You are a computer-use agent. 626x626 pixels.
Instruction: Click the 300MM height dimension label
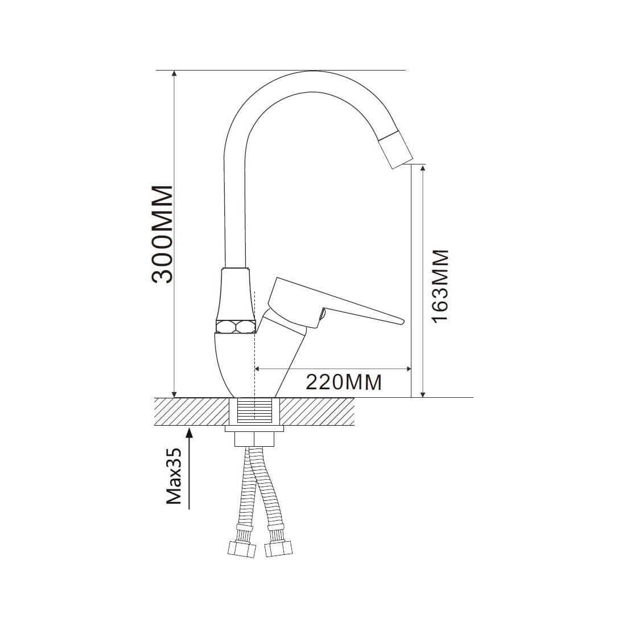(x=163, y=234)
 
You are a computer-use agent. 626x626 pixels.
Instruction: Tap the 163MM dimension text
(x=440, y=286)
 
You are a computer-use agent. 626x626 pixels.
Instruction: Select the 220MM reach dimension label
(x=344, y=382)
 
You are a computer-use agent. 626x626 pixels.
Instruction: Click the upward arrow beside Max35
(x=190, y=468)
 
